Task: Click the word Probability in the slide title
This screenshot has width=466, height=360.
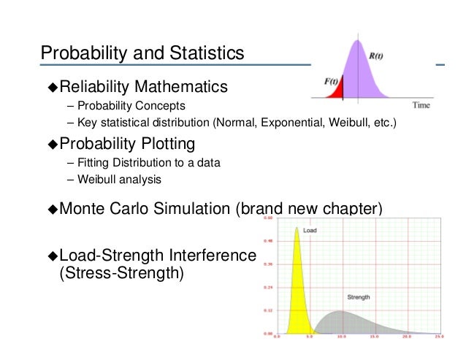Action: click(x=80, y=53)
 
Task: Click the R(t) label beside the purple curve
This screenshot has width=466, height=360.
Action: click(x=378, y=54)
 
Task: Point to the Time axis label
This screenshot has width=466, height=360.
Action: click(x=421, y=106)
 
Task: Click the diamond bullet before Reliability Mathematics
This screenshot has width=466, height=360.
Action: click(x=52, y=89)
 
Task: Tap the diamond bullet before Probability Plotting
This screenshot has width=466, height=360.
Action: click(x=52, y=143)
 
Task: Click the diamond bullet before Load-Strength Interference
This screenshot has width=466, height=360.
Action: click(x=52, y=256)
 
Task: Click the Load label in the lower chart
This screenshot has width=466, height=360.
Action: click(x=310, y=230)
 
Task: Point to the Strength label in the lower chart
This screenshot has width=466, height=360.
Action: click(x=357, y=297)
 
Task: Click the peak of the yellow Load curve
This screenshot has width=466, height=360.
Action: click(x=297, y=229)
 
